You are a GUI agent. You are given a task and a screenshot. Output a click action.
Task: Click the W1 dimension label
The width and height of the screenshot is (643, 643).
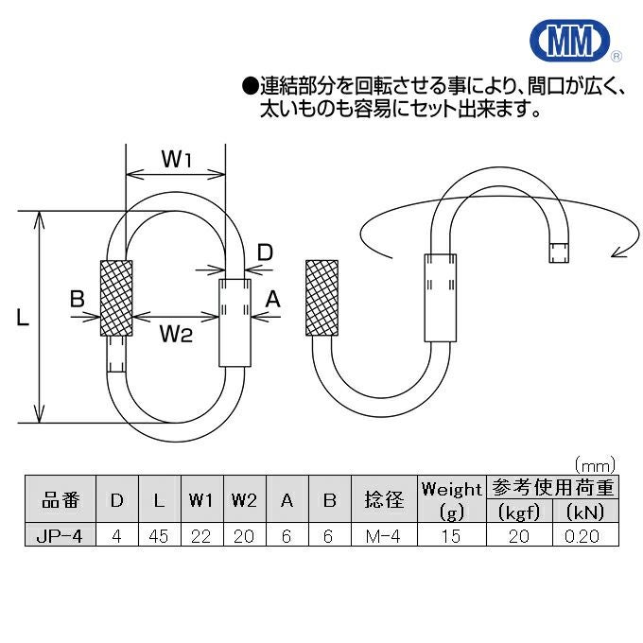[x=176, y=160]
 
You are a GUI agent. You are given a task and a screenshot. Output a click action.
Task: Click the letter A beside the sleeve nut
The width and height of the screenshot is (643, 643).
[x=273, y=300]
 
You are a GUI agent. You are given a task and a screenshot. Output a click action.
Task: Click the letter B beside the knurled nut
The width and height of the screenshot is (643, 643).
[x=78, y=300]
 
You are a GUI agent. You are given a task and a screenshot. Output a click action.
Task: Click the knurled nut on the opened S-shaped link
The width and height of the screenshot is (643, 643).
[x=321, y=297]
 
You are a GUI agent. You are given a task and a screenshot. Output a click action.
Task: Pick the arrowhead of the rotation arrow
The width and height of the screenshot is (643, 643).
[x=617, y=252]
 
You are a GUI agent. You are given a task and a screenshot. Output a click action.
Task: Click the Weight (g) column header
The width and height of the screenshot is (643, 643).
[x=451, y=500]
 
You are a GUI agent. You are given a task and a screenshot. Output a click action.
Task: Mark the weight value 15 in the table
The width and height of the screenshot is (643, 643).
[x=451, y=535]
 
